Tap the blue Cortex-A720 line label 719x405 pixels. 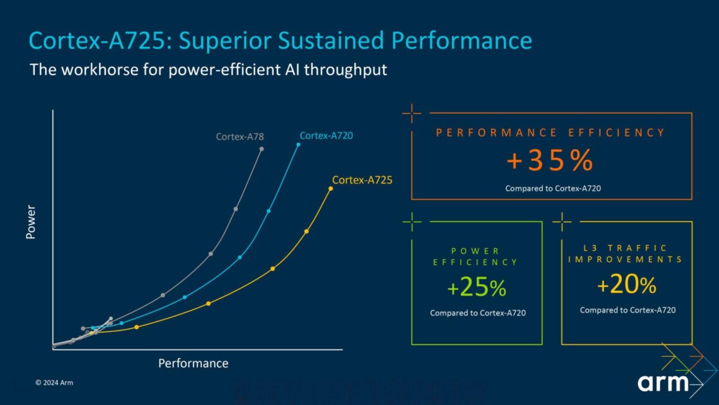click(326, 136)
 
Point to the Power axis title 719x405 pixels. click(31, 222)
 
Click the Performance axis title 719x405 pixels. click(193, 363)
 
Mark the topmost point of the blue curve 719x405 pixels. click(298, 145)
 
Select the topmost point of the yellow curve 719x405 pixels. click(331, 189)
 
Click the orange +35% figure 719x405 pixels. click(550, 161)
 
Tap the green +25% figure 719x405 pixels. click(477, 289)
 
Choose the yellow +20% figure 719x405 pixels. click(627, 286)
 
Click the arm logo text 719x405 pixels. click(662, 382)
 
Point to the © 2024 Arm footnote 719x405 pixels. click(54, 382)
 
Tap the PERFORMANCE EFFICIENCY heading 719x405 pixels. click(551, 133)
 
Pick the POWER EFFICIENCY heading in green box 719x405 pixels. click(475, 256)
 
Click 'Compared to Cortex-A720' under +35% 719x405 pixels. click(553, 188)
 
